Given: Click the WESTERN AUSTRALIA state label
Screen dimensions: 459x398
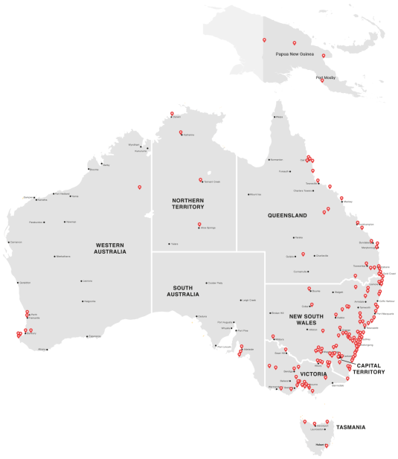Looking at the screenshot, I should tap(111, 248).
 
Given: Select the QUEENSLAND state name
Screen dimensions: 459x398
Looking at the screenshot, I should tap(287, 215).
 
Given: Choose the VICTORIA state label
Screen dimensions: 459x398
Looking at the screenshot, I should tap(312, 373).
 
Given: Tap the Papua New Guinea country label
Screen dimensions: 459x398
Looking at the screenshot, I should tap(292, 54).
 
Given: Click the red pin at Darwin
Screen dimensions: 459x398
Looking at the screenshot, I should tap(172, 114).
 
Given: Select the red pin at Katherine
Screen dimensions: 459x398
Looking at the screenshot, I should tap(181, 132).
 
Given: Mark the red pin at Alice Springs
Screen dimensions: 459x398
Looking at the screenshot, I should tap(199, 225).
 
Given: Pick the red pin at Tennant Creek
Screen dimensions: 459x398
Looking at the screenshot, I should tap(200, 179).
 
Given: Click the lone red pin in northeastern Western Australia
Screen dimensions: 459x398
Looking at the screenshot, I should tap(139, 187).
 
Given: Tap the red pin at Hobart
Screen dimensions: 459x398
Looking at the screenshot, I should tap(324, 445).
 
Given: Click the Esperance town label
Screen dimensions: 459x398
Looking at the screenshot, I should tap(94, 336).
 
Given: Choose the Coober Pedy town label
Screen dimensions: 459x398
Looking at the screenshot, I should tap(215, 283).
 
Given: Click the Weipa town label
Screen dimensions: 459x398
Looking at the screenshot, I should tap(280, 117).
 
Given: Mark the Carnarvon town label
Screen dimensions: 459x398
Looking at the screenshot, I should tap(16, 242).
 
